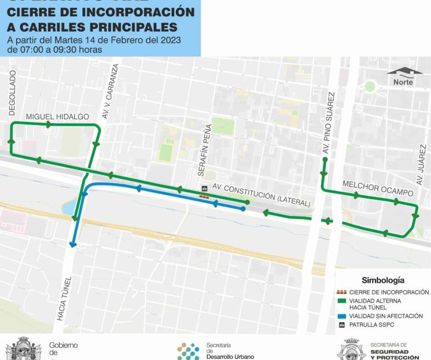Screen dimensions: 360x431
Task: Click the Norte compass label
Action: (403, 82)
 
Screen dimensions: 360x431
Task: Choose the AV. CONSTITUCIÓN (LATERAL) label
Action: (261, 196)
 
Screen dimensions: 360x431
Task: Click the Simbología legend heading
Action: (383, 280)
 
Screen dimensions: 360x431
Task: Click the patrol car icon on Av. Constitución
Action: (204, 189)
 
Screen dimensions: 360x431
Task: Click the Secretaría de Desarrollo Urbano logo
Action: (188, 351)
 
